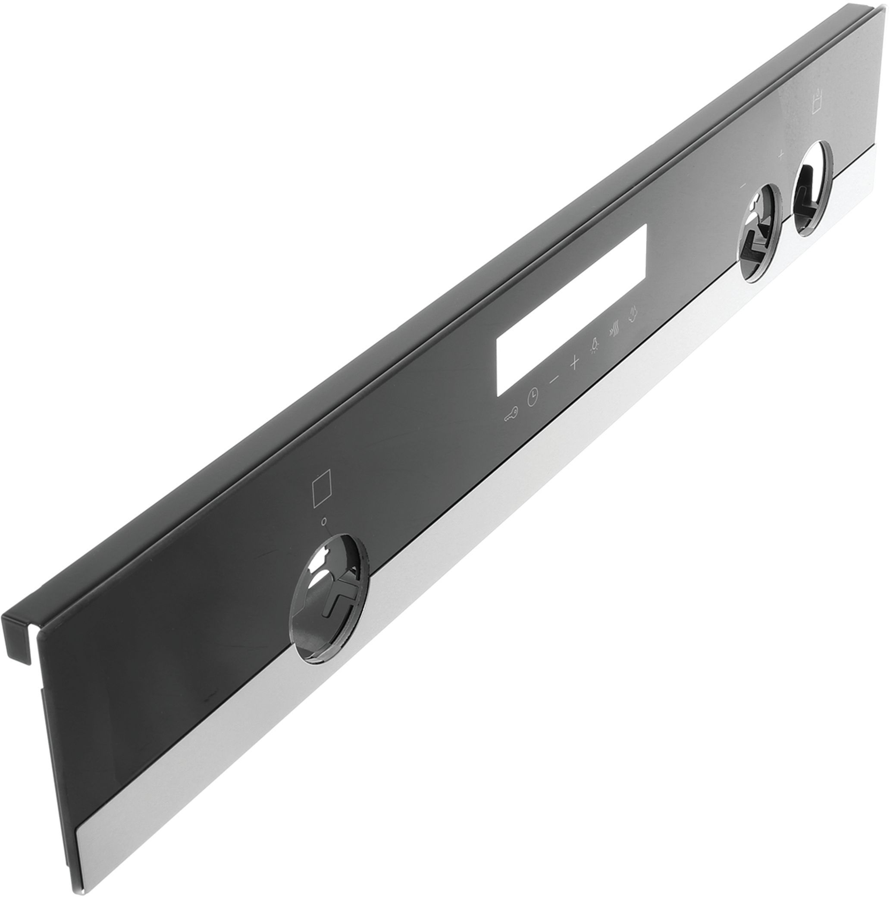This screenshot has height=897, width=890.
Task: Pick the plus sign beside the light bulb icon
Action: tap(575, 376)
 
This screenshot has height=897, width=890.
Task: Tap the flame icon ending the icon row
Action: tap(632, 327)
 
